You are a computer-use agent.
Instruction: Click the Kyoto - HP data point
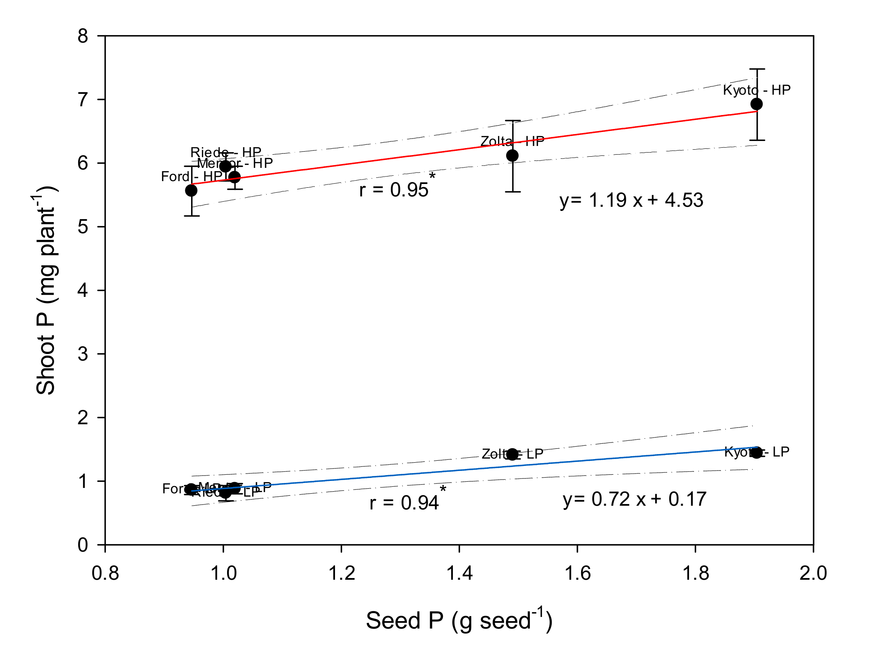pos(756,104)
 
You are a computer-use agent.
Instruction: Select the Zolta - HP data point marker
pos(512,155)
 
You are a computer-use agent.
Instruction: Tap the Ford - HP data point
pos(191,190)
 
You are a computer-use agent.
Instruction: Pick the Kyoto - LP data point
pos(756,452)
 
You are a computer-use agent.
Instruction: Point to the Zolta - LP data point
pos(512,454)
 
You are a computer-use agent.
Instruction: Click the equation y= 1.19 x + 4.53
pos(631,200)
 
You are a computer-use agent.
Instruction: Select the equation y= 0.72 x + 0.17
pos(634,499)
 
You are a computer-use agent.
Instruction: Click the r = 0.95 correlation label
pos(394,190)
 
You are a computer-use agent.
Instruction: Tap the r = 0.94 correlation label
pos(404,503)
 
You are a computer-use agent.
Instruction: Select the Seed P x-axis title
pos(459,620)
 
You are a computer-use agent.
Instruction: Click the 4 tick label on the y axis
pos(83,290)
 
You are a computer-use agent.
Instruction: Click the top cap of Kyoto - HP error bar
pos(757,69)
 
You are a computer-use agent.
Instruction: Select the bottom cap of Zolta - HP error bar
pos(513,192)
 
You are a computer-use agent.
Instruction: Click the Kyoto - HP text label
pos(756,90)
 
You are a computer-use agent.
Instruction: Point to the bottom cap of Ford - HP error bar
pos(191,216)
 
